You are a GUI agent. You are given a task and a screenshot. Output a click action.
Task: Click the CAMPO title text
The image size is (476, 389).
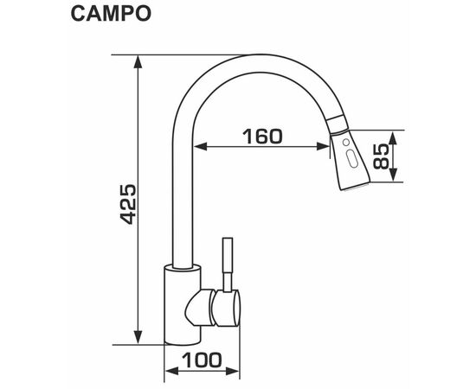[x=111, y=14]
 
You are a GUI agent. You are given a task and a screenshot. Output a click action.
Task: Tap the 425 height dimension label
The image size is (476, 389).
[x=128, y=204]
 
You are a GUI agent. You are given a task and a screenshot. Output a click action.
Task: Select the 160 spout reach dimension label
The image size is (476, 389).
[x=262, y=137]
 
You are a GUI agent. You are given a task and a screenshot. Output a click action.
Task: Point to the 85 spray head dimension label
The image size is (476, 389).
[x=381, y=156]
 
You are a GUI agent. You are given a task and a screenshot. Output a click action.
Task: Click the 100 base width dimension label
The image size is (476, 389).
[x=202, y=360]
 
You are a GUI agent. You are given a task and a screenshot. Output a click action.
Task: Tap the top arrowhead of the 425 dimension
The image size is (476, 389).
[x=138, y=62]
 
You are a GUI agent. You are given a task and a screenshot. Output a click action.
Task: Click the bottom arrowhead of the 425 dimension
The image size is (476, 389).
[x=138, y=337]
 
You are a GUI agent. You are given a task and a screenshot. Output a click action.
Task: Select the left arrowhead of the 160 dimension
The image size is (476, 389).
[x=201, y=147]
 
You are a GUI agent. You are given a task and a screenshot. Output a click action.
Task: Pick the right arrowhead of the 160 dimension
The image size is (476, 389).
[x=323, y=147]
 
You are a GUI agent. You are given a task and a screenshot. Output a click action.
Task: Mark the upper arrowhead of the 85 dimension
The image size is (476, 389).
[x=394, y=137]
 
